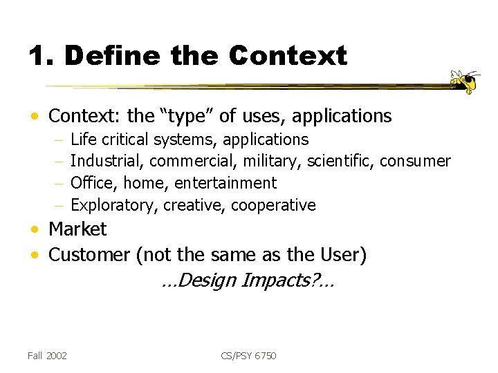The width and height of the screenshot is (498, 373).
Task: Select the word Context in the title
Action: click(x=287, y=55)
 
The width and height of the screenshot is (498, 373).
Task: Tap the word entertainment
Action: click(x=225, y=183)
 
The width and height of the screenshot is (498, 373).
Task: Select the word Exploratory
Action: click(x=114, y=205)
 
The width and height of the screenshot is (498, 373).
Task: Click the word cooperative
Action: click(x=273, y=205)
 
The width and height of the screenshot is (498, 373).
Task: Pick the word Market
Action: click(x=77, y=229)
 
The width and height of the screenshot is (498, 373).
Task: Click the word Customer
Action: click(x=89, y=255)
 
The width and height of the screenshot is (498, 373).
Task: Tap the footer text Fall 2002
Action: click(x=47, y=355)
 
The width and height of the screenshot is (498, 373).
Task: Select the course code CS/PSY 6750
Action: click(x=248, y=355)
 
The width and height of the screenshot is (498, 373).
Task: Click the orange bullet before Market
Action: click(x=35, y=230)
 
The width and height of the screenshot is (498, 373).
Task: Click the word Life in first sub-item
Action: click(x=84, y=140)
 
